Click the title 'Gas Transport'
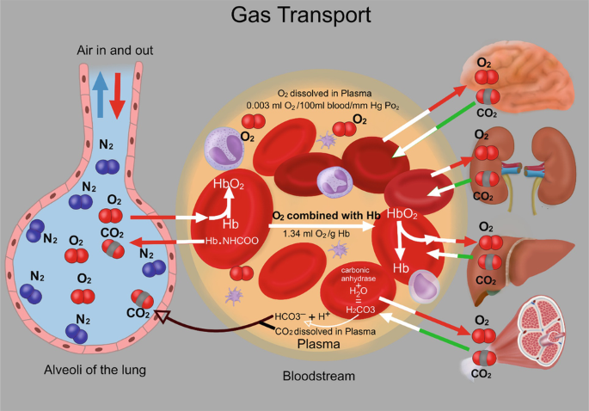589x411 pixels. tap(300, 15)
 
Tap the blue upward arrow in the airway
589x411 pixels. tap(100, 95)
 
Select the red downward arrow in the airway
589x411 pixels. tap(117, 95)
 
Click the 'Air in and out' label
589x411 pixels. tap(115, 51)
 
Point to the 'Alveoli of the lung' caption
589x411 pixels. tap(95, 370)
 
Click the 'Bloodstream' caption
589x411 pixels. tap(318, 376)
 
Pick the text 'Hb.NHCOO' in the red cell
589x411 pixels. tap(232, 241)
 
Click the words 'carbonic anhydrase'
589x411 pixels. tap(358, 274)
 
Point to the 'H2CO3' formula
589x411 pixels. tap(360, 310)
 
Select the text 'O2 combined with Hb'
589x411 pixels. tap(326, 216)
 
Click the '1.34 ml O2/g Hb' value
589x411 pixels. tap(316, 234)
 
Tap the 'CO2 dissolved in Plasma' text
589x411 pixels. tap(325, 331)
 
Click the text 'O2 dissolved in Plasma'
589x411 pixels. tap(324, 93)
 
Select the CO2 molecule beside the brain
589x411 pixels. tap(488, 97)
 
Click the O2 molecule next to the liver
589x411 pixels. tap(490, 242)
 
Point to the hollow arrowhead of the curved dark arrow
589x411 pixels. tap(162, 316)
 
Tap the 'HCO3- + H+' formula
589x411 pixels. tap(303, 316)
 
